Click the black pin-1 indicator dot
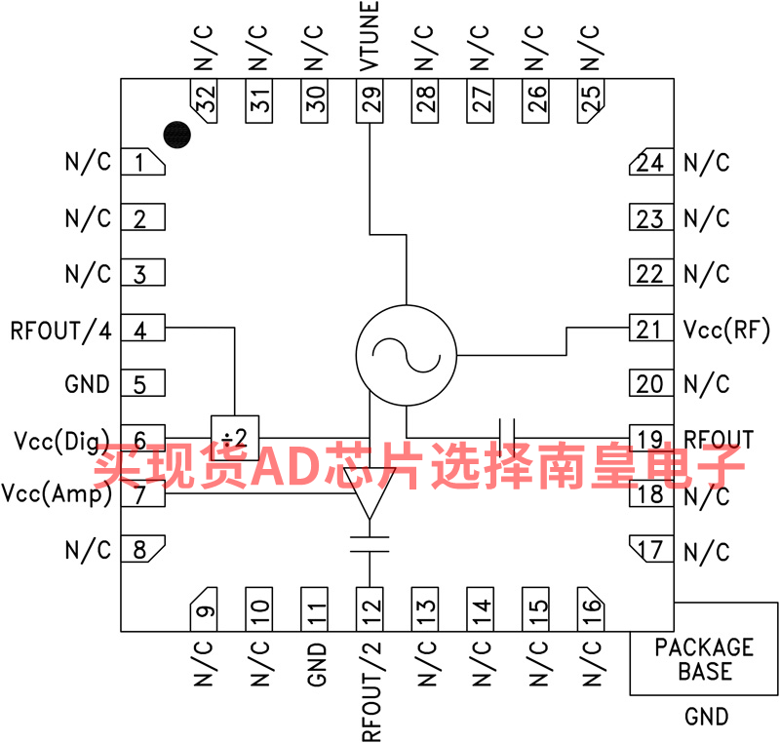[x=177, y=135]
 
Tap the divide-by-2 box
[x=235, y=438]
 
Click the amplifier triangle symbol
[x=370, y=493]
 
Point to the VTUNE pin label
[x=370, y=36]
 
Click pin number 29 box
[x=370, y=101]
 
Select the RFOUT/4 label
[x=60, y=331]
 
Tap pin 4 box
[x=143, y=328]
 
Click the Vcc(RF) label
[x=726, y=330]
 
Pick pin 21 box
[x=651, y=328]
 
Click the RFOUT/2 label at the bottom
[x=371, y=691]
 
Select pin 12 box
[x=370, y=609]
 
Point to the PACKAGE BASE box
[x=704, y=648]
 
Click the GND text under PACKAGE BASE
[x=706, y=717]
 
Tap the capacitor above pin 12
[x=370, y=544]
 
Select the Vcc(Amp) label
[x=57, y=493]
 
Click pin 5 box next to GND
[x=143, y=383]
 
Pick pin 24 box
[x=651, y=162]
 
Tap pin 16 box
[x=591, y=609]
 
